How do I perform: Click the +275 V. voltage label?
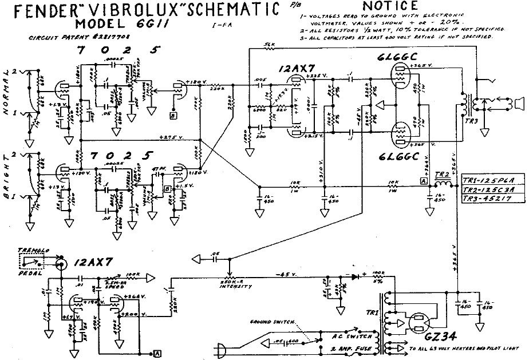coord(169,137)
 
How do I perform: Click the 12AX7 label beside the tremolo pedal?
coord(90,263)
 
